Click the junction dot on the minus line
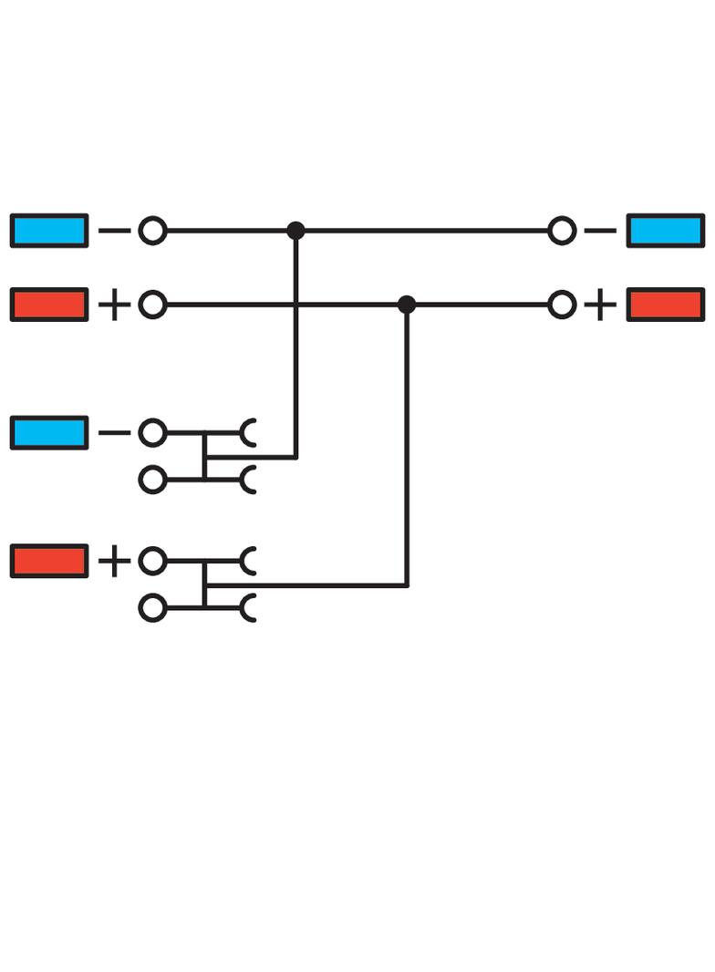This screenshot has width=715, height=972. [295, 231]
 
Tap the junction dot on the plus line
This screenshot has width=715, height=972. [407, 305]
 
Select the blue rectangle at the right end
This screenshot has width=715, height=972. [665, 231]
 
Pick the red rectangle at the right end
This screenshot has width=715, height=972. [665, 305]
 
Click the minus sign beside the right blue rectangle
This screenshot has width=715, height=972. [599, 231]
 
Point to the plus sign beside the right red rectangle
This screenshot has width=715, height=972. [599, 305]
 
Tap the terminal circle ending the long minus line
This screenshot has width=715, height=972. [563, 231]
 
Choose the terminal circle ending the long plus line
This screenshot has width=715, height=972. [563, 305]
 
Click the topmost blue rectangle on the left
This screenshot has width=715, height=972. [49, 231]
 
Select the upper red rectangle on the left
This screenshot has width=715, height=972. [49, 305]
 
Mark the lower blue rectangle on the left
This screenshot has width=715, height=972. [49, 432]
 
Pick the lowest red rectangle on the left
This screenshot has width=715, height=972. [49, 561]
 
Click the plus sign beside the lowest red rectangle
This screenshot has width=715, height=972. [114, 561]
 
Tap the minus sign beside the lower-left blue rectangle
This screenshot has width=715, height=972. [114, 432]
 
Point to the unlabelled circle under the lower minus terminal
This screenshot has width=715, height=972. [152, 480]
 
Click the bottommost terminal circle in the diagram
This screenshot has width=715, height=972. [152, 607]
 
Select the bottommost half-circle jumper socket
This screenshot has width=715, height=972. [248, 607]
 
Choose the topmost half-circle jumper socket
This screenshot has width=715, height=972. [248, 432]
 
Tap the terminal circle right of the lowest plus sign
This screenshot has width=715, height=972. [152, 561]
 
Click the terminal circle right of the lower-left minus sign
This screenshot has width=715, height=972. [152, 432]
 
